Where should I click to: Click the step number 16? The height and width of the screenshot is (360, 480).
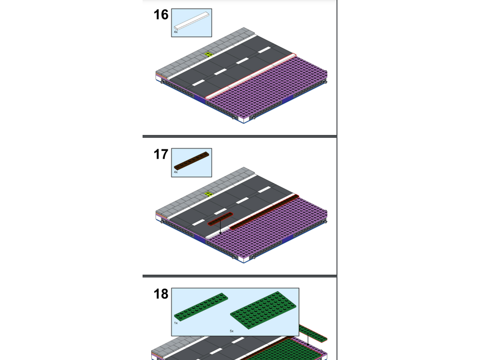pos(161,15)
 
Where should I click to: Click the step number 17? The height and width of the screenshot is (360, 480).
pos(161,154)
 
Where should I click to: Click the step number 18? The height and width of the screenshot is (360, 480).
pos(161,294)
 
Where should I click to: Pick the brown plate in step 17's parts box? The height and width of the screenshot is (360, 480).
pos(192,160)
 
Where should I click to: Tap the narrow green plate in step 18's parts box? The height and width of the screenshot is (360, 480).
pos(201,307)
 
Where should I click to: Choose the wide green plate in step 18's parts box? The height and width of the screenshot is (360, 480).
pos(263,310)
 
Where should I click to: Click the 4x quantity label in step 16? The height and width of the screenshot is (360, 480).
pos(176,32)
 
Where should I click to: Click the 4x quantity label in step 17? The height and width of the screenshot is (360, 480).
pos(176,172)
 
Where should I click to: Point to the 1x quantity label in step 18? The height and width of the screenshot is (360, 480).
pos(176,323)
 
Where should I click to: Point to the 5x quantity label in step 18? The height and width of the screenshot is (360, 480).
pos(232,331)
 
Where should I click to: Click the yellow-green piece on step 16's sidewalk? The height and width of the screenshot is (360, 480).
pos(209,55)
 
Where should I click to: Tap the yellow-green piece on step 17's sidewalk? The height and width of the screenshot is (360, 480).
pos(209,194)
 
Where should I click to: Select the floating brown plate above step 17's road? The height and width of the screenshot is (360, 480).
pos(220,218)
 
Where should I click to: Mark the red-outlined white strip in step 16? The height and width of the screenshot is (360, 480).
pos(251,76)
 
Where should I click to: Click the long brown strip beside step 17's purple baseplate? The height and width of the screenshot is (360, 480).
pos(264,212)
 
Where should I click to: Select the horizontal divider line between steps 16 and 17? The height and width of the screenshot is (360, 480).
pos(240,136)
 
